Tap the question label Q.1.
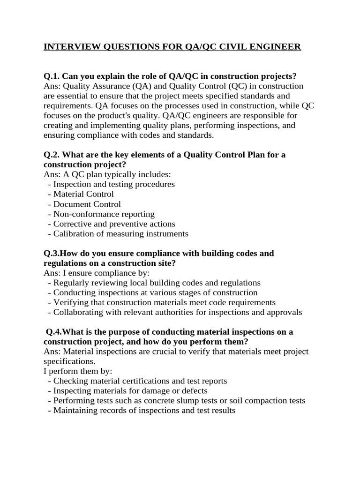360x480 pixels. (52, 76)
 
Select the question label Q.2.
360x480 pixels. (52, 155)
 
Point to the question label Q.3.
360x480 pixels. (52, 253)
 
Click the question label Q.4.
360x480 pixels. (54, 332)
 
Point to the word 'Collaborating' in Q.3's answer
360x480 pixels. (77, 312)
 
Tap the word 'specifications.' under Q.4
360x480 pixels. (69, 361)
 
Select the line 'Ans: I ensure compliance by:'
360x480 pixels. (97, 273)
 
